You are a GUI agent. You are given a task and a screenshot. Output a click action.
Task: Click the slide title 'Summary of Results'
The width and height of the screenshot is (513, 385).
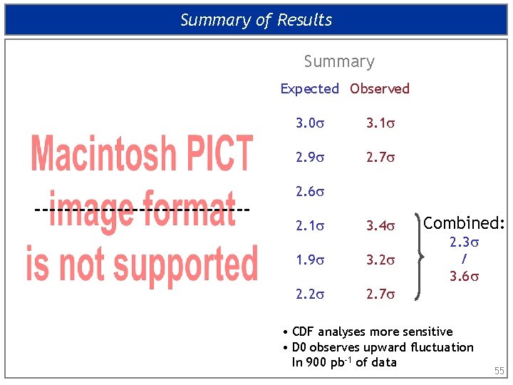click(x=256, y=20)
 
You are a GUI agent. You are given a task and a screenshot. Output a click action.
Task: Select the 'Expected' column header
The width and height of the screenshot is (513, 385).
click(x=309, y=89)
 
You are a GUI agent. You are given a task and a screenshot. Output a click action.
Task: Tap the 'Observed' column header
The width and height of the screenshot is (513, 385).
click(x=380, y=89)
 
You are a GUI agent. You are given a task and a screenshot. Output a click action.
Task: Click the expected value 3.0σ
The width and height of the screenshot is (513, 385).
click(x=309, y=123)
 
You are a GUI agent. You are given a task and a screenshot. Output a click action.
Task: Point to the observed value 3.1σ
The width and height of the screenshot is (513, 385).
click(x=380, y=123)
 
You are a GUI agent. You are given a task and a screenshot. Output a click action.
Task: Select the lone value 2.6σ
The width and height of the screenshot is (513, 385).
click(x=309, y=192)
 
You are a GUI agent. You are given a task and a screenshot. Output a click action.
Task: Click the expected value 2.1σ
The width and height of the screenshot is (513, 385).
click(x=309, y=227)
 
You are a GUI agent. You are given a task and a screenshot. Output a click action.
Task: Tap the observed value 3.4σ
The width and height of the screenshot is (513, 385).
click(x=380, y=227)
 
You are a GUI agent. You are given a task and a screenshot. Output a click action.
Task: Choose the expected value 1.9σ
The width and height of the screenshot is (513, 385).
click(x=309, y=260)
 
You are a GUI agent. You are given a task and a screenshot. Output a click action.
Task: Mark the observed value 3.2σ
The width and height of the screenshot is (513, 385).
click(x=380, y=260)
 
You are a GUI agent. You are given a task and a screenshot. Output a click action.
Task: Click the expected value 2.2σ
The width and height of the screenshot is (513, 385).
click(x=309, y=293)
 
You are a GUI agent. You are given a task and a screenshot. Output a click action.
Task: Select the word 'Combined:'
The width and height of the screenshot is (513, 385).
click(x=464, y=223)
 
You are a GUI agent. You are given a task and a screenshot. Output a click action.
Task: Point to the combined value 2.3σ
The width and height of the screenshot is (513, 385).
click(x=464, y=243)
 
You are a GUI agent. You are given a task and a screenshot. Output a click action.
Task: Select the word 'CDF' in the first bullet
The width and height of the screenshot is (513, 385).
click(x=303, y=332)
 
